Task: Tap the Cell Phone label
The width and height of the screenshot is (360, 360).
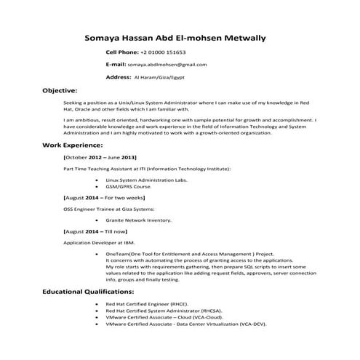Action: [121, 53]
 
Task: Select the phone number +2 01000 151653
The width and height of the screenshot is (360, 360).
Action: [163, 53]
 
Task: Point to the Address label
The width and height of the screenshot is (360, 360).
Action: [118, 76]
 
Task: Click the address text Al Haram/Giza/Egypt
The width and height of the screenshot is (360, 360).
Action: [160, 76]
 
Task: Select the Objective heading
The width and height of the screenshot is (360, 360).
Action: [60, 91]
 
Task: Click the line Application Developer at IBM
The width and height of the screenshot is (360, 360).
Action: [98, 242]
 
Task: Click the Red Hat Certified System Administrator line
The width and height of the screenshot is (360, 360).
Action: [164, 311]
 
